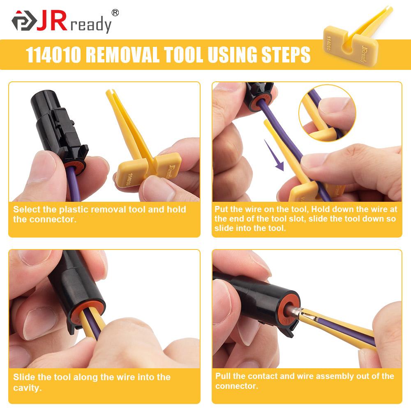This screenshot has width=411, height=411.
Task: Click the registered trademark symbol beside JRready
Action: (x=115, y=13)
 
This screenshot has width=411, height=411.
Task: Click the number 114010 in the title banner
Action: (x=53, y=55)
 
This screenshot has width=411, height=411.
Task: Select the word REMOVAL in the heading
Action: (x=123, y=55)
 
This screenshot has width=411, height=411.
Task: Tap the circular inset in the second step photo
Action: (x=327, y=113)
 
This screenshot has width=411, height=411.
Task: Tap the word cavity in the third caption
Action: (x=27, y=387)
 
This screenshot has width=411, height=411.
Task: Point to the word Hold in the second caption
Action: (x=323, y=209)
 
